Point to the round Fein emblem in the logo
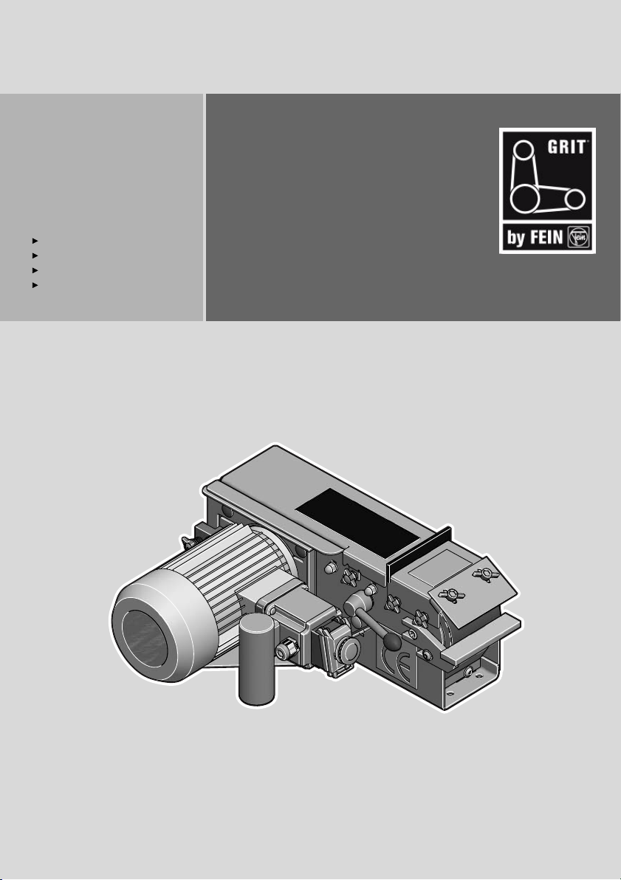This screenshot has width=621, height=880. coord(577,238)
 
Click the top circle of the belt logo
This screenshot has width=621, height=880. coord(524,151)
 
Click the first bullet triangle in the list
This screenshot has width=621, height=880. coord(35,240)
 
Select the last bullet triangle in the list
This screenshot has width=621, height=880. coord(35,285)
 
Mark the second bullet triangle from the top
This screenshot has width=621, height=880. coord(35,255)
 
